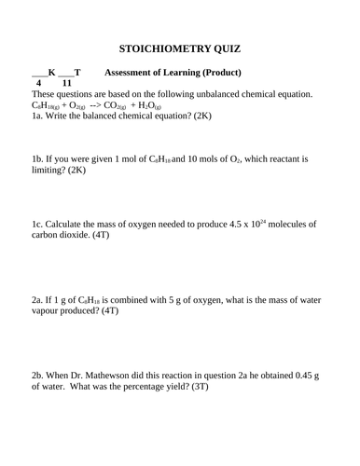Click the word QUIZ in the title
click(227, 50)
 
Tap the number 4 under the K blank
click(41, 84)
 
